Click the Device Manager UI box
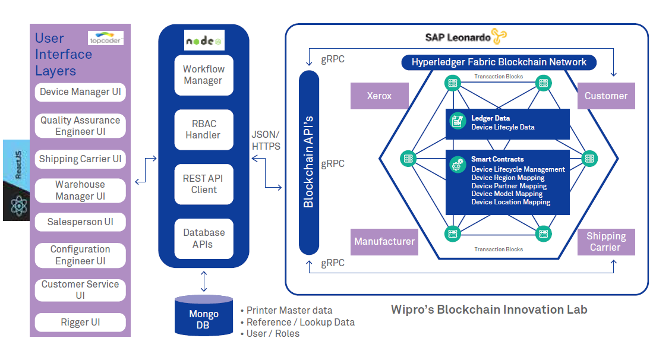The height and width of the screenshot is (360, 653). tap(80, 92)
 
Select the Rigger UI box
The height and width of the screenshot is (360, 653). tap(80, 323)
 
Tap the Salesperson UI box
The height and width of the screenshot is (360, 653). tap(80, 222)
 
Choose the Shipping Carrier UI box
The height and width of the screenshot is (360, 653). tap(80, 159)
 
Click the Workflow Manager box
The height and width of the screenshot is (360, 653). tap(203, 75)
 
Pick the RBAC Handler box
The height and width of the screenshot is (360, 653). tap(203, 130)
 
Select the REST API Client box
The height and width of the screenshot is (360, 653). tap(203, 184)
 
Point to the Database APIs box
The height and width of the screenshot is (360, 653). tap(203, 239)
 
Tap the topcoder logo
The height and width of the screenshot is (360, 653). tap(105, 39)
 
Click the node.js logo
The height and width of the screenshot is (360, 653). tap(203, 41)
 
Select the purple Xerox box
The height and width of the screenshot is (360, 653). tap(379, 96)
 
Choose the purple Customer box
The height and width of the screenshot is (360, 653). tap(606, 96)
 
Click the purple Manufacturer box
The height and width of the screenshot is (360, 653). tap(384, 242)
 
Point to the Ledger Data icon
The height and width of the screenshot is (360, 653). tap(458, 121)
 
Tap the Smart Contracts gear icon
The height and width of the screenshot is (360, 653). tap(458, 165)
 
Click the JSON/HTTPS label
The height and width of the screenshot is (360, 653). tap(266, 140)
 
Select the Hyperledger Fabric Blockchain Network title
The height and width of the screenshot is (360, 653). tap(499, 62)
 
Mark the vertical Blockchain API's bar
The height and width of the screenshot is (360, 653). tap(308, 162)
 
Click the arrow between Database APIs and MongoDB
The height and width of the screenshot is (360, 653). tap(204, 281)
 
